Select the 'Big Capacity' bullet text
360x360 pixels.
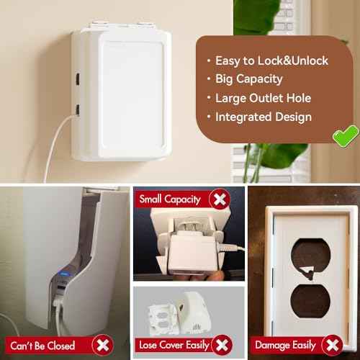point(248,78)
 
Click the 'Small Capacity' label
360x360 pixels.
point(169,199)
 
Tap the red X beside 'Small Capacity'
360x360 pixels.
point(217,199)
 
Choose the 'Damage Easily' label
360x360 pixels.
point(287,345)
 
